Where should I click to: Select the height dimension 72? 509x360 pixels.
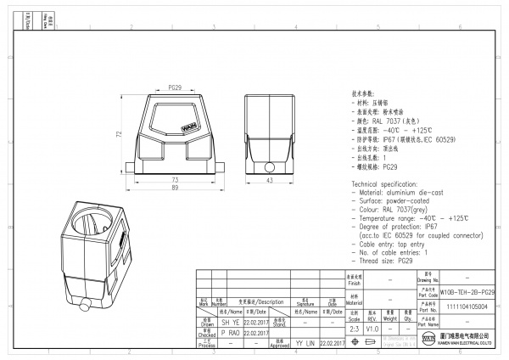coord(120,134)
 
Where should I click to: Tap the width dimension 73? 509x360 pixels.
coord(175,180)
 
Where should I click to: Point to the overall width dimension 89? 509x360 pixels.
coord(175,188)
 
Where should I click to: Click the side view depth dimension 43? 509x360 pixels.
coord(269,181)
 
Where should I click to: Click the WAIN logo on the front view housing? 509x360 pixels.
coord(189,130)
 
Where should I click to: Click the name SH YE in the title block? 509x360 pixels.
coord(206,322)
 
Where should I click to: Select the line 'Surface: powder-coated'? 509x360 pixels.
coord(391,201)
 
